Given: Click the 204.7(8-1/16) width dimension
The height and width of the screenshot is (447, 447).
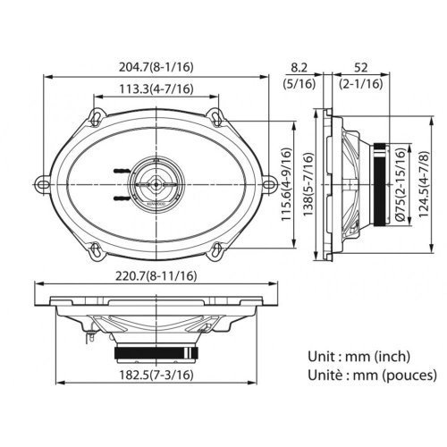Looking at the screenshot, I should (156, 64).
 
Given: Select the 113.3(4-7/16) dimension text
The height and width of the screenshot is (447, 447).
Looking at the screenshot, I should (156, 88).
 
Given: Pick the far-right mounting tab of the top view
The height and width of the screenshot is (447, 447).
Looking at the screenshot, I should (269, 181).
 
